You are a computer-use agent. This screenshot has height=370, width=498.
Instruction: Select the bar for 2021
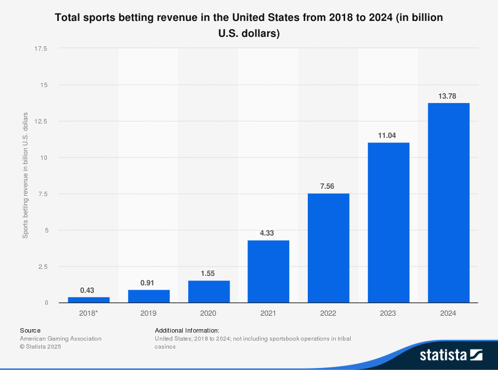tap(268, 271)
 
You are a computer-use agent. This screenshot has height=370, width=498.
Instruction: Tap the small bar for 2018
tap(89, 300)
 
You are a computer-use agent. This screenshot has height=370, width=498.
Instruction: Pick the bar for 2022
tap(328, 248)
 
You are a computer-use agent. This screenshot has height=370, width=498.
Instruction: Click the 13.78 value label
tap(448, 95)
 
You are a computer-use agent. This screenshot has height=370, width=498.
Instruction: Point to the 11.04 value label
tap(388, 135)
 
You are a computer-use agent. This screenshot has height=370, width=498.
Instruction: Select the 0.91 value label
tap(148, 282)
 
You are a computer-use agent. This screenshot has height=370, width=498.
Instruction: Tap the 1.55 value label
tap(209, 273)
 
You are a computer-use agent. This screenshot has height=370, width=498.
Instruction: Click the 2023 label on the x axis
tap(388, 313)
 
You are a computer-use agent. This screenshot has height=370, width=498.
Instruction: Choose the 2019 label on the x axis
tap(148, 313)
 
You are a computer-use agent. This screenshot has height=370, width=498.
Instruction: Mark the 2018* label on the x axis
tap(89, 313)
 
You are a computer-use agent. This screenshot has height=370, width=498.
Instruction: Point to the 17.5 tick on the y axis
tap(41, 48)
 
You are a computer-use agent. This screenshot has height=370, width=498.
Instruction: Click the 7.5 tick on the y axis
tap(42, 194)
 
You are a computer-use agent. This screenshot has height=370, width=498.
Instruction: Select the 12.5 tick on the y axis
tap(41, 121)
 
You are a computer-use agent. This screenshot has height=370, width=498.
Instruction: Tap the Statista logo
tap(451, 355)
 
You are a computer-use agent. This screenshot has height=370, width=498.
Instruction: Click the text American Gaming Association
tap(60, 339)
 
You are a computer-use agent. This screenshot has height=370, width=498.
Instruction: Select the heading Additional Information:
tap(187, 330)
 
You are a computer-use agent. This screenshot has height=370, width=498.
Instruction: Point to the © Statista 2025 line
tap(40, 347)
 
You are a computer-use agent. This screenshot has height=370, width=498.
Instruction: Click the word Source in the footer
tap(30, 330)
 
